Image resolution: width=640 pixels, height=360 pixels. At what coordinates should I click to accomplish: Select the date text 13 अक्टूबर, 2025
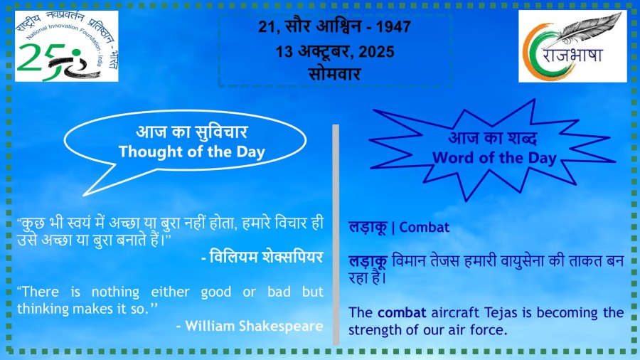pos(335,51)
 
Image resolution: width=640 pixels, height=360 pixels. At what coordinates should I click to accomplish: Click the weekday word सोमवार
pos(334,74)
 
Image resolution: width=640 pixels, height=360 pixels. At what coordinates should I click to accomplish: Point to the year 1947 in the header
pos(393,26)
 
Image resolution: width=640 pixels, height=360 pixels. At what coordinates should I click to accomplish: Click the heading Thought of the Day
pos(192,152)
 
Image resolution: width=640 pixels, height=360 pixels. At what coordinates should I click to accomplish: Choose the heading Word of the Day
pos(494,158)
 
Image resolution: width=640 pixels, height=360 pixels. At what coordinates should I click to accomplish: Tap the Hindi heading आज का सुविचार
pos(192,132)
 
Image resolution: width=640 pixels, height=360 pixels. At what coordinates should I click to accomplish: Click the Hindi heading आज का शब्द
pos(493,138)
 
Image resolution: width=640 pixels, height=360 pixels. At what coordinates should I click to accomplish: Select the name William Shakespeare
pos(255,326)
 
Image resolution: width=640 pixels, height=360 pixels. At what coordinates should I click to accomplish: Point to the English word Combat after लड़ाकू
pos(424,227)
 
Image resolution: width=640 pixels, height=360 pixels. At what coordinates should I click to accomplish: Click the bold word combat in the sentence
pos(402,312)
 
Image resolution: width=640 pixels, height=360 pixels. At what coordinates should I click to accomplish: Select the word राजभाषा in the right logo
pos(572,54)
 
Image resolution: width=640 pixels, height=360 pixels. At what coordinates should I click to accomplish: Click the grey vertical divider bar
pos(336,235)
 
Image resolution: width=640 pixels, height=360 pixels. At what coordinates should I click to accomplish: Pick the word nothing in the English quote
pos(115,292)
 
